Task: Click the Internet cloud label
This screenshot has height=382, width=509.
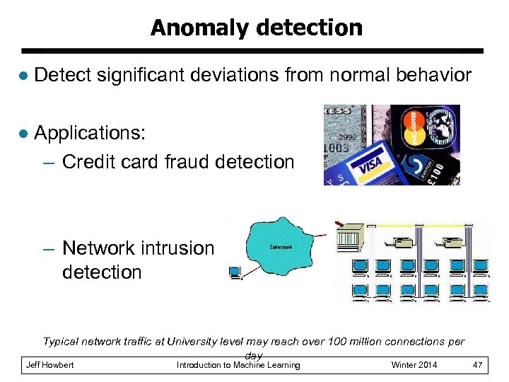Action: coord(281,247)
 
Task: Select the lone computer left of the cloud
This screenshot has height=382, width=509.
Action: coord(235,272)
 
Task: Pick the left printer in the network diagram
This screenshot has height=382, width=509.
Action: coord(402,243)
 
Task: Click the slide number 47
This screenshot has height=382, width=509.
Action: coord(477,365)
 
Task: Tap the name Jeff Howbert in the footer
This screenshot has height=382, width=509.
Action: coord(49,365)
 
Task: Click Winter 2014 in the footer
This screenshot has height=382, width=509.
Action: coord(414,365)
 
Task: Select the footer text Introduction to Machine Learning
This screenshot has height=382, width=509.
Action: coord(238,365)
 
